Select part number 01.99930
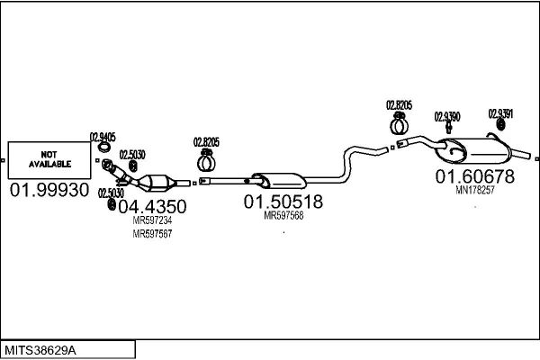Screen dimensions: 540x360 coord(49,190)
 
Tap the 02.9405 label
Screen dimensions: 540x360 coord(103,137)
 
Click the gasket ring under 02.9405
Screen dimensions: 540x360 coord(103,148)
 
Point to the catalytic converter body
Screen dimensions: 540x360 coord(157,182)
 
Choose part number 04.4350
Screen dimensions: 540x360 coord(152,207)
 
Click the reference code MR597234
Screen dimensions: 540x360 coord(152,220)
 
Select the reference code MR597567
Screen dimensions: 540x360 coord(152,234)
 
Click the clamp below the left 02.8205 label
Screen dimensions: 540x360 coord(206,161)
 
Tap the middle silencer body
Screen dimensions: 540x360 coord(279,181)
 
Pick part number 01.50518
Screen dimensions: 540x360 coord(283,202)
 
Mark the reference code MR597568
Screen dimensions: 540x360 coord(283,216)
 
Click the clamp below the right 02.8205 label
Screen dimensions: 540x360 coord(399,124)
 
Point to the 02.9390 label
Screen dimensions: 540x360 coord(447,117)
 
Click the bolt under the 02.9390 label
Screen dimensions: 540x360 coord(448,128)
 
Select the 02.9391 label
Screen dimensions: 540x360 coord(500,113)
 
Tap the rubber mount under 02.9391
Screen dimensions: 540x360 coord(500,125)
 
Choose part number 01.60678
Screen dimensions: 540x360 coord(475,176)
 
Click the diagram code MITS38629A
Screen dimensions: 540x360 coord(40,350)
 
